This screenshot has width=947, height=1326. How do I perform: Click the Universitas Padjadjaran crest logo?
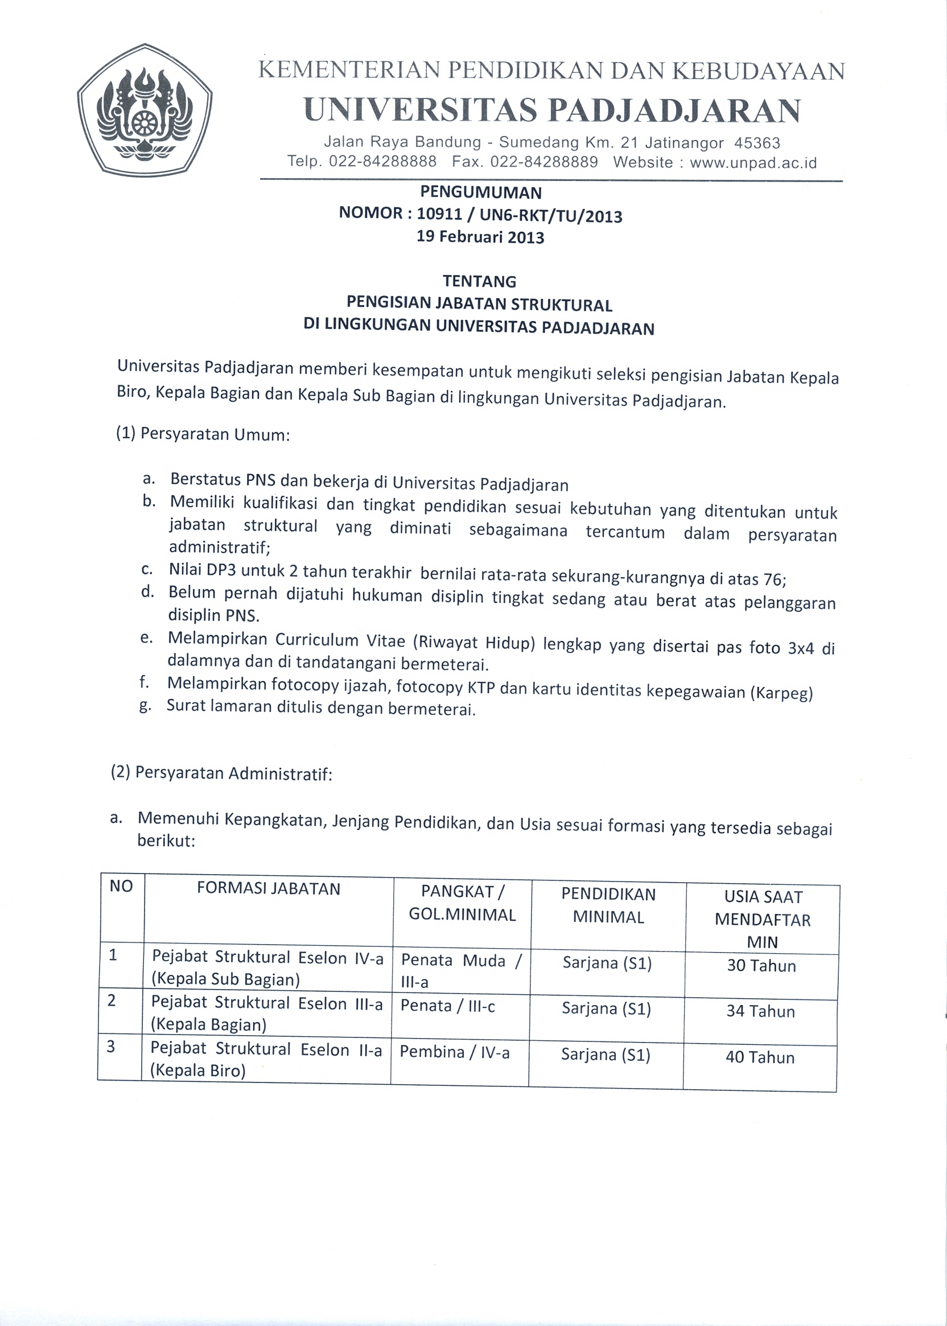click(145, 110)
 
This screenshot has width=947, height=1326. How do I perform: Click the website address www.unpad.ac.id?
click(753, 163)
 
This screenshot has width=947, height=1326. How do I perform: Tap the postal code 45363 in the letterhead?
click(757, 143)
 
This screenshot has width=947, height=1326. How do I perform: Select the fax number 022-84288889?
click(544, 162)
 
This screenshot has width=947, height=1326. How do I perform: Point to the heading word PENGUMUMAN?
click(481, 192)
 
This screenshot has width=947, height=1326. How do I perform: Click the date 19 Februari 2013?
click(480, 237)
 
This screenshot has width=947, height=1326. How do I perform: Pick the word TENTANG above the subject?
click(479, 282)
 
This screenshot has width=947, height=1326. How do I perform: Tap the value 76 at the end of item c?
click(774, 579)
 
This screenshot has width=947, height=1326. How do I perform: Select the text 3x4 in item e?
click(800, 648)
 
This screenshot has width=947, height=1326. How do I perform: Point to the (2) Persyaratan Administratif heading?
click(221, 773)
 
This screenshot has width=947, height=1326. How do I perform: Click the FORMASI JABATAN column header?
click(268, 889)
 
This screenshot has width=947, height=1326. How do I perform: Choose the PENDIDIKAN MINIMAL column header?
click(608, 905)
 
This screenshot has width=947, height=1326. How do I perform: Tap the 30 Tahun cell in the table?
click(761, 966)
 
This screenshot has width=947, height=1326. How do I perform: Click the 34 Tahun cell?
click(760, 1011)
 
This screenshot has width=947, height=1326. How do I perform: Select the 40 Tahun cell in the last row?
click(760, 1057)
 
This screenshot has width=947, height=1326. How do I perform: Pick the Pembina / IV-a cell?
click(455, 1052)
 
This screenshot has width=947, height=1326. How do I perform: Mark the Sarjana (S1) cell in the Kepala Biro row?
click(606, 1055)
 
